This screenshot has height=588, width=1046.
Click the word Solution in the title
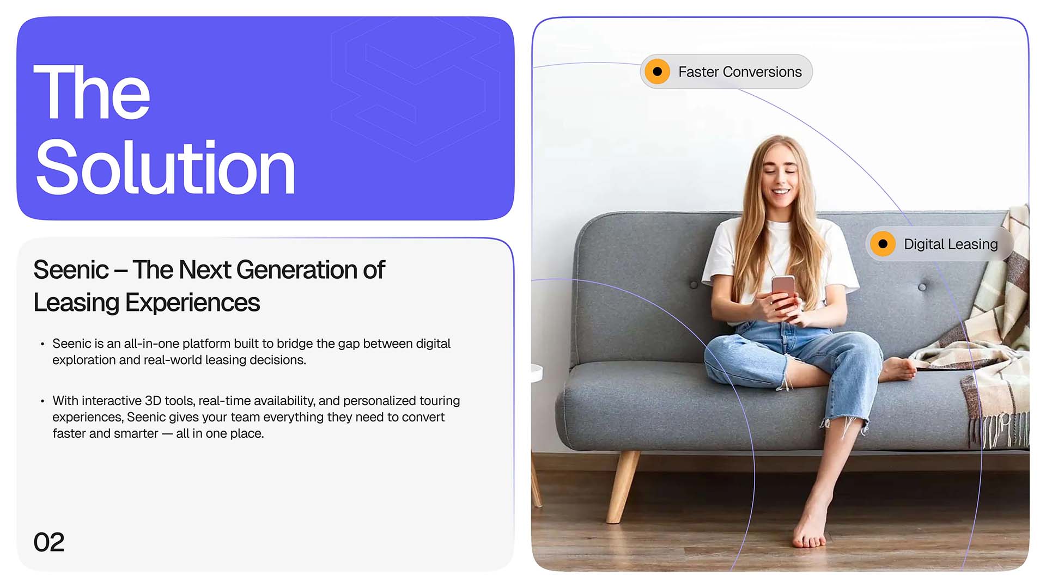point(165,167)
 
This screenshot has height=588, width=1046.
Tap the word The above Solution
point(92,92)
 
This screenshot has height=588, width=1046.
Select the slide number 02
point(49,542)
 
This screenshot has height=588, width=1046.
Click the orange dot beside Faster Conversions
point(658,72)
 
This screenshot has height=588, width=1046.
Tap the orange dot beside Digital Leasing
point(883,244)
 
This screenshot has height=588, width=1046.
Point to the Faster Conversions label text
point(740,72)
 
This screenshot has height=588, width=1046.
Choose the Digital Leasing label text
point(951,244)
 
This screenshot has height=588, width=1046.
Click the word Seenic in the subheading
point(71,269)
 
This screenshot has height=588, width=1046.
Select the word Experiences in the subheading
point(192,303)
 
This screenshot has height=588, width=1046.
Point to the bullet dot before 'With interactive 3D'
point(42,401)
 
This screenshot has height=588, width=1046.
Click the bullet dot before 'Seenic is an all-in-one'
point(42,344)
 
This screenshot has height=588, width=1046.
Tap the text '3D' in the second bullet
point(153,401)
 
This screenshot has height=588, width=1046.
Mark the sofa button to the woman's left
point(694,285)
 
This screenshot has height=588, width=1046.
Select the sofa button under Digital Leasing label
point(922,287)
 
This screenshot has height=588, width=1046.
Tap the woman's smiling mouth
point(781,192)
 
